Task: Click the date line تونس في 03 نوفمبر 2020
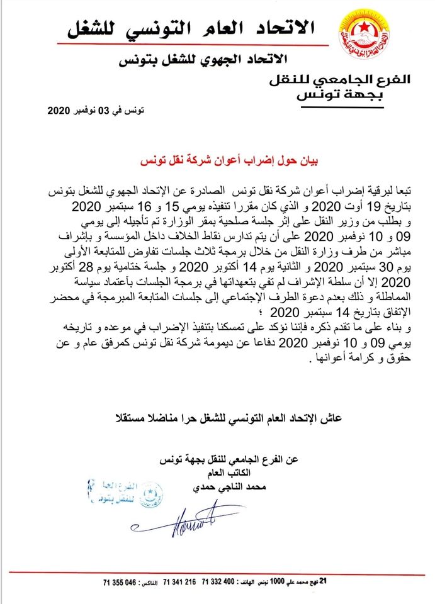pos(96,111)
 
